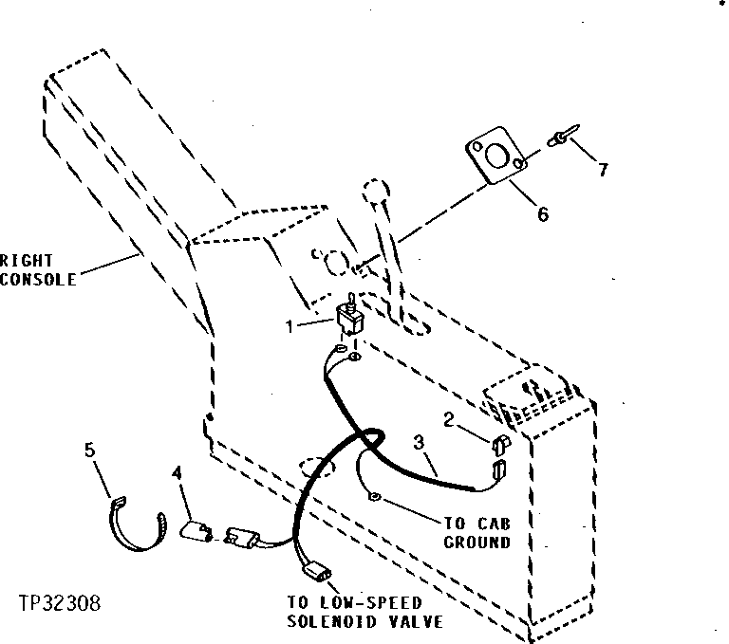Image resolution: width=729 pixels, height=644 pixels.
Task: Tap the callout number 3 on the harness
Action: pyautogui.click(x=417, y=442)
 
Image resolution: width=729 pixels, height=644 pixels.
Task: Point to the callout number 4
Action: pyautogui.click(x=176, y=471)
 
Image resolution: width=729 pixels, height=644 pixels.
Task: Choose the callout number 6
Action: pyautogui.click(x=542, y=214)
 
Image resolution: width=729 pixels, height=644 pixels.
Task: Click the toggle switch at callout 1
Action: pyautogui.click(x=349, y=317)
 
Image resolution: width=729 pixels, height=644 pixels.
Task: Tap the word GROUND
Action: pyautogui.click(x=483, y=543)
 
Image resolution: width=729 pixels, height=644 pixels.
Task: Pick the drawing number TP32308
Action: pyautogui.click(x=59, y=602)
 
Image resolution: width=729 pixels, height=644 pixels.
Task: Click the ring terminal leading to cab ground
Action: pyautogui.click(x=375, y=497)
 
